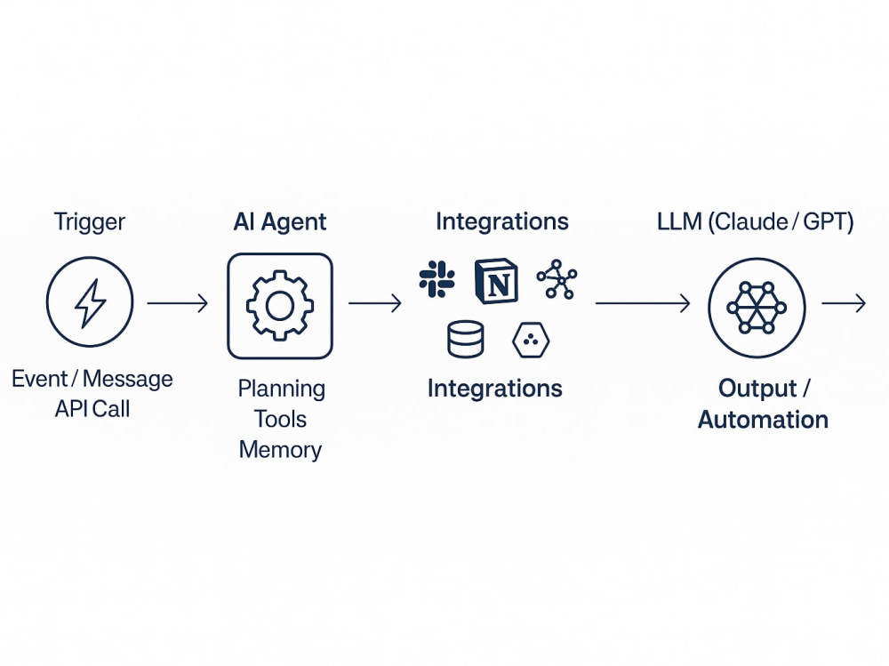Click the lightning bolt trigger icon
[x=90, y=302]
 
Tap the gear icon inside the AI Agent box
[x=279, y=306]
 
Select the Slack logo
[x=436, y=279]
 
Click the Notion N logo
[x=496, y=281]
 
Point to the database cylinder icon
[x=466, y=340]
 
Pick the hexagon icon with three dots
[x=531, y=340]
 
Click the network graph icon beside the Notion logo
[x=557, y=279]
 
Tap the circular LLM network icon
[x=757, y=308]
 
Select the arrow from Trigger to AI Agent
[x=178, y=303]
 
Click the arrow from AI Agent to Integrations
[x=375, y=303]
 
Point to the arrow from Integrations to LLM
[x=643, y=303]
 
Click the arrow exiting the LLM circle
[x=844, y=303]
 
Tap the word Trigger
[x=90, y=221]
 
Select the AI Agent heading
[x=280, y=221]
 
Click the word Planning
[x=282, y=389]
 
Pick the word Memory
[x=280, y=450]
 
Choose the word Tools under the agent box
[x=280, y=419]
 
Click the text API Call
[x=92, y=409]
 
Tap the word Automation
[x=763, y=420]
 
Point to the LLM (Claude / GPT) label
[x=755, y=221]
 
